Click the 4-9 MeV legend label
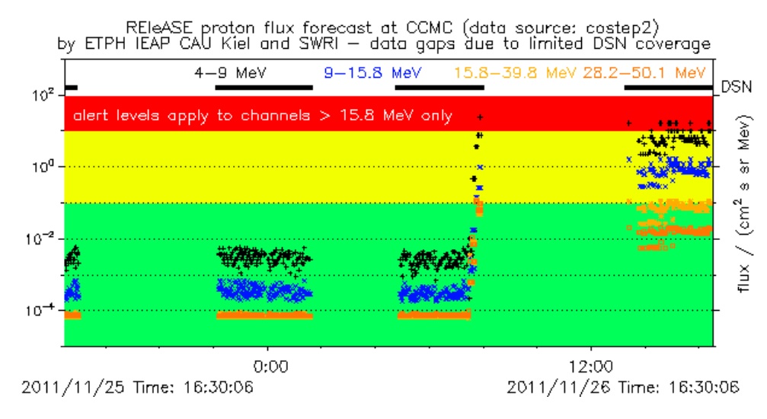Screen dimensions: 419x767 [223, 74]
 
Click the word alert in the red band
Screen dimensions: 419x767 [91, 117]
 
